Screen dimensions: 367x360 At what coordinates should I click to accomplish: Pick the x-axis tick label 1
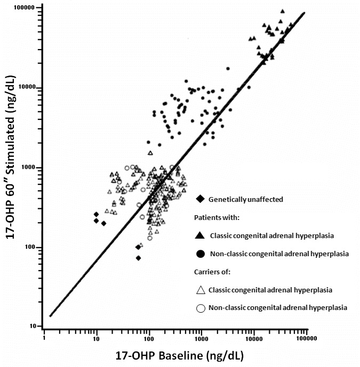43,338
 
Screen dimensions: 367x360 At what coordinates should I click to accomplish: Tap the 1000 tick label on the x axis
201,338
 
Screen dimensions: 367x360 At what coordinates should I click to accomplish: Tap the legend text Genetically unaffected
245,199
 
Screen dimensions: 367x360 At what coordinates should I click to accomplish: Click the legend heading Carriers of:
212,272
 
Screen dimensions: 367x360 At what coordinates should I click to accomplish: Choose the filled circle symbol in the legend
201,254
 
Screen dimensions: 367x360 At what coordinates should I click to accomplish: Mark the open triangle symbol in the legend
201,290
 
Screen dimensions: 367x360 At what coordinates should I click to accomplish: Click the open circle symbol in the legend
201,308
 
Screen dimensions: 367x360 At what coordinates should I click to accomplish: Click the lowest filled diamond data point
138,258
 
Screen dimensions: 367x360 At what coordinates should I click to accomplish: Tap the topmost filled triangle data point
282,11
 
